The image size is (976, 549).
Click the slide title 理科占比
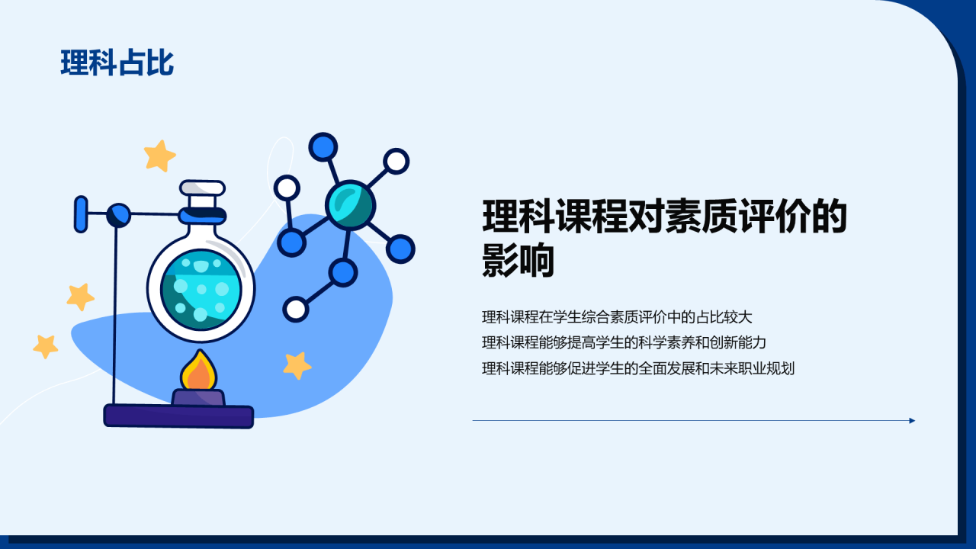point(117,63)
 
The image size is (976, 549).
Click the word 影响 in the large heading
point(518,261)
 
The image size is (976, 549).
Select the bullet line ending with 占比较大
point(617,316)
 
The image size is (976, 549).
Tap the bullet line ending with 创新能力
point(624,342)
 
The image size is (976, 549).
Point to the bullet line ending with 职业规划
point(638,368)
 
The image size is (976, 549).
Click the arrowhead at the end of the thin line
point(913,420)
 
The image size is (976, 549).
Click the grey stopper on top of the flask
point(202,188)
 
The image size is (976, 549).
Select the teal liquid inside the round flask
point(201,289)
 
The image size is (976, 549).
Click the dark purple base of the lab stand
point(178,416)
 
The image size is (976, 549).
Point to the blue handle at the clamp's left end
point(81,214)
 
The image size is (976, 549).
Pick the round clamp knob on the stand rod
point(118,215)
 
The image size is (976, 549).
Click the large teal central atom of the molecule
point(350,205)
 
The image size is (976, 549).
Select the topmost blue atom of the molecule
point(323,147)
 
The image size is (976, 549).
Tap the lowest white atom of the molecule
point(296,310)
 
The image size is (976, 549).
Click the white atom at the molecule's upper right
point(396,161)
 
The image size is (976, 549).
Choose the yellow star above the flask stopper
point(159,156)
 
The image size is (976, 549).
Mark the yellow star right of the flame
point(297,365)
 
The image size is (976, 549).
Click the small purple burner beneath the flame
point(199,397)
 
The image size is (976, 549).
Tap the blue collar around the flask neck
point(202,215)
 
